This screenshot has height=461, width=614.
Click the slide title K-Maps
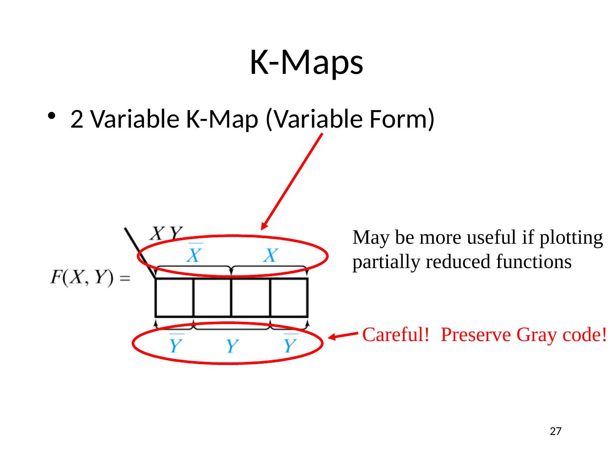click(x=306, y=62)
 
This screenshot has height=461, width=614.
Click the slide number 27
click(x=555, y=432)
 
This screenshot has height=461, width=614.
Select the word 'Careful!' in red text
click(x=395, y=335)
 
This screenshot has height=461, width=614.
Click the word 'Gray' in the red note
click(x=535, y=335)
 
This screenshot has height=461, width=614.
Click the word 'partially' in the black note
click(x=386, y=262)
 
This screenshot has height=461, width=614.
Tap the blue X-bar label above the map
click(x=194, y=254)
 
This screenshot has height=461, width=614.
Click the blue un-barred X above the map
click(x=270, y=256)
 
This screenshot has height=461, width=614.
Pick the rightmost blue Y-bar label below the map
click(x=290, y=344)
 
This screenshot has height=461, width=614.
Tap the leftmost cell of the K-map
click(x=174, y=298)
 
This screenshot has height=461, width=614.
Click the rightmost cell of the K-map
click(x=289, y=298)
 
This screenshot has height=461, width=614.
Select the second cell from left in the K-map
click(x=212, y=298)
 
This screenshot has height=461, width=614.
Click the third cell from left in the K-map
click(x=251, y=298)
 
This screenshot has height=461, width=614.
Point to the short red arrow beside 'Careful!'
click(x=344, y=336)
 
